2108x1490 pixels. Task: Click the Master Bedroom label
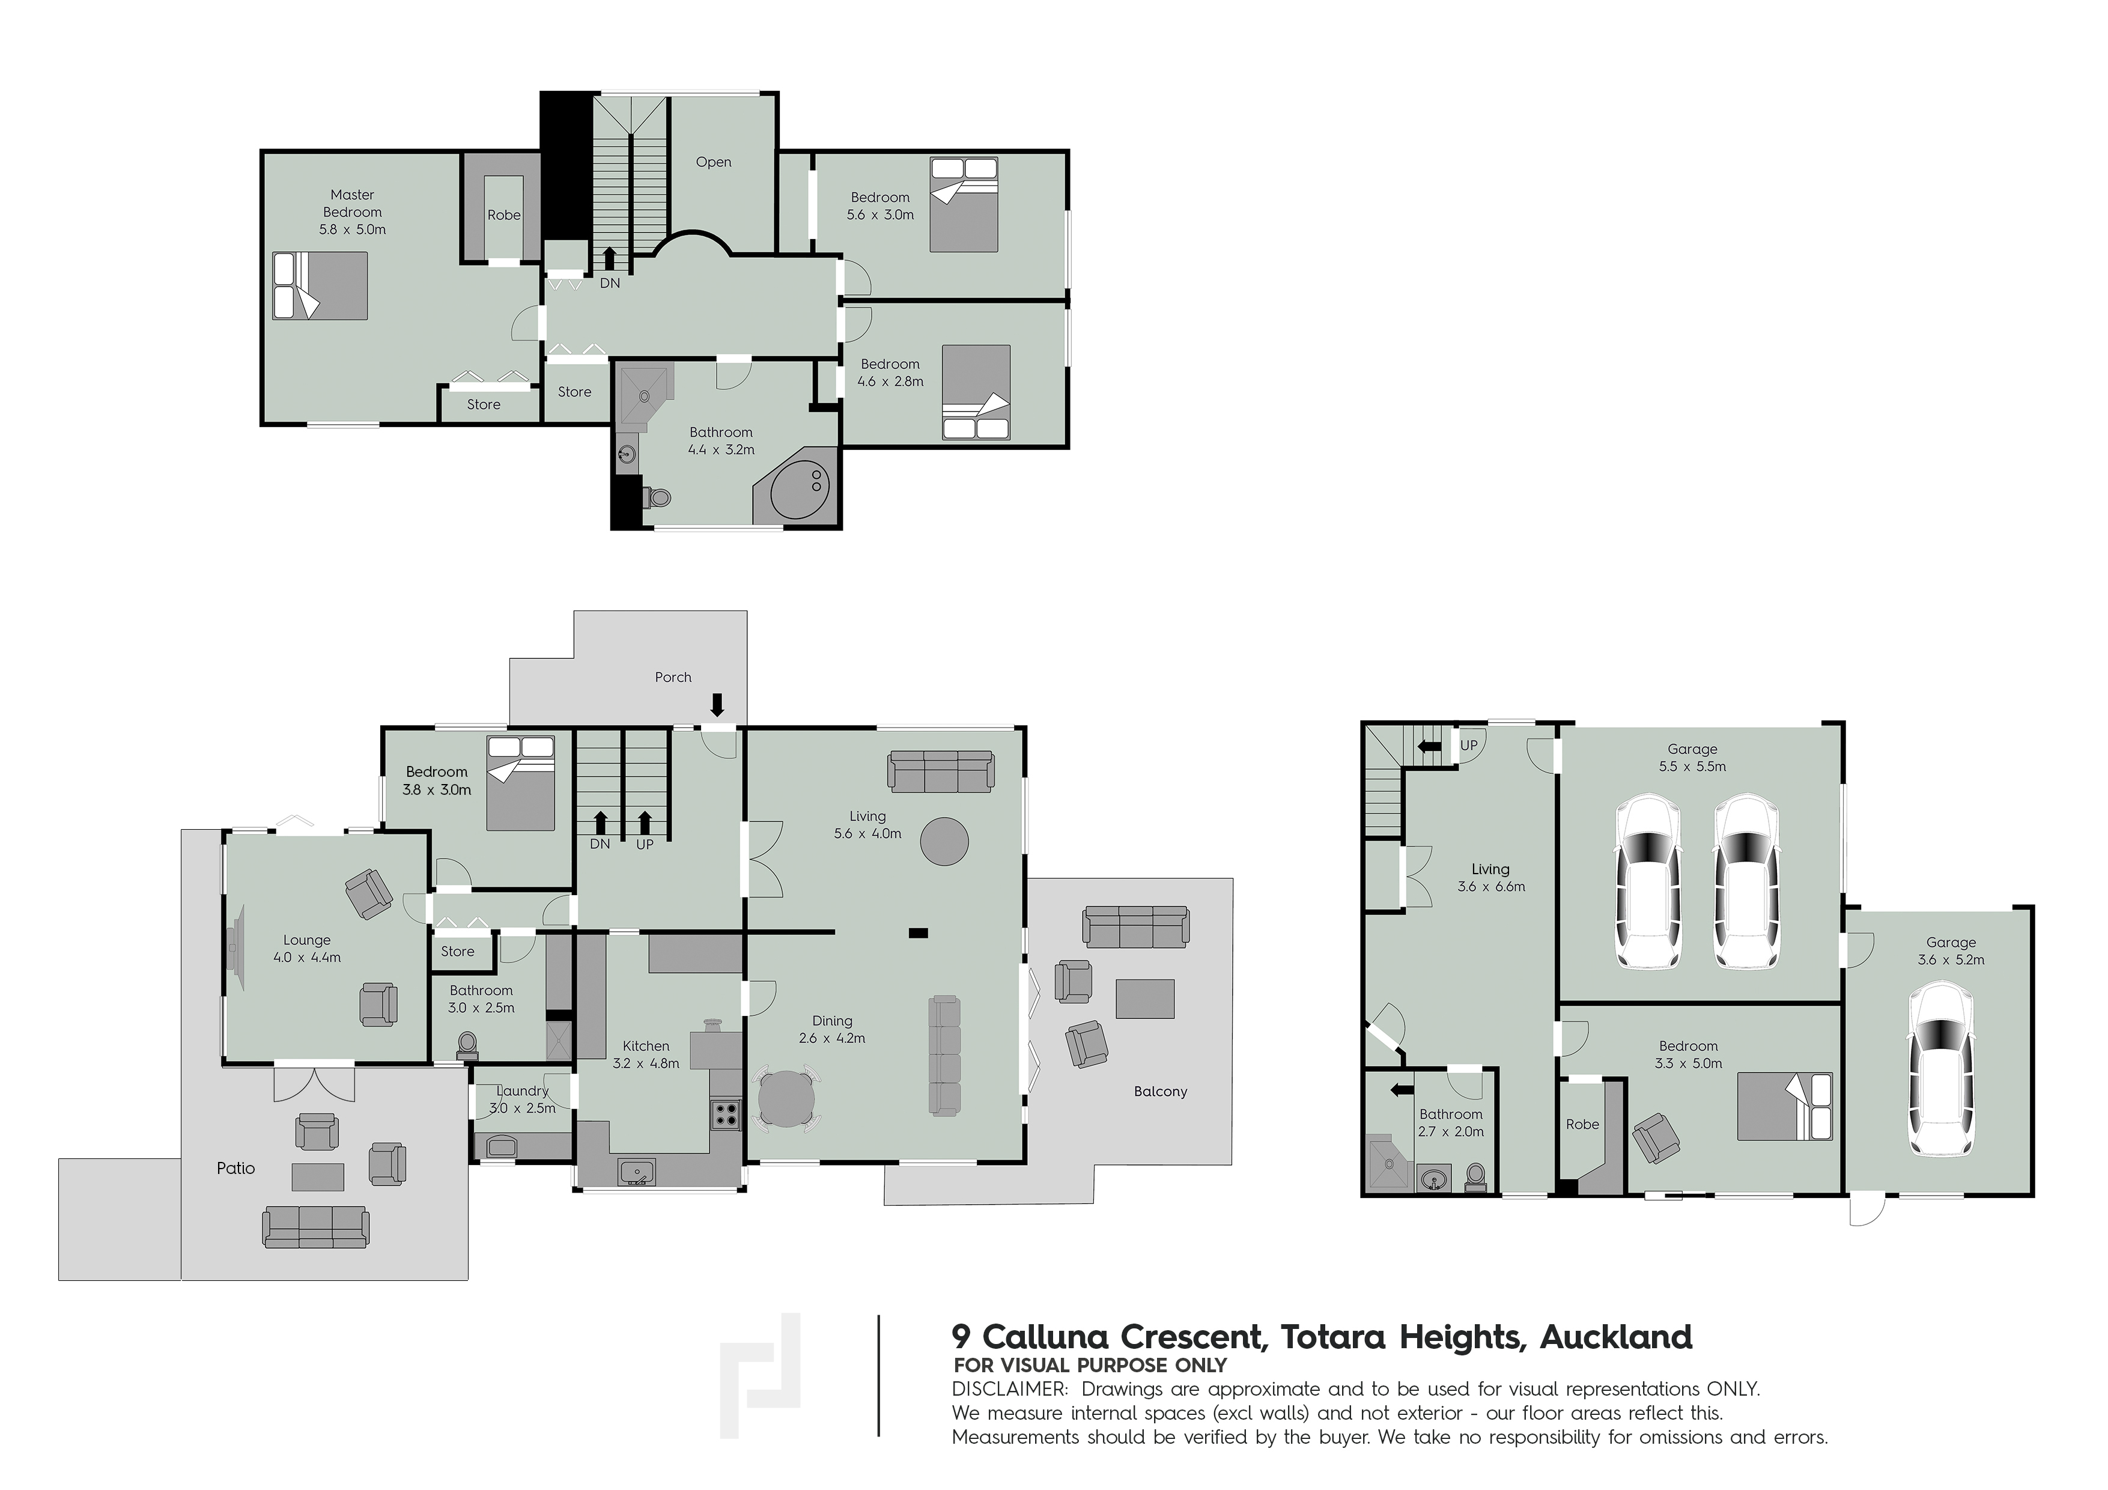tap(353, 203)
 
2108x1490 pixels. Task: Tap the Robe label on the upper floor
tap(504, 215)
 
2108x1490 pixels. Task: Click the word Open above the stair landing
tap(713, 162)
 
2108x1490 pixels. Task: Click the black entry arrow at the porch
tap(717, 704)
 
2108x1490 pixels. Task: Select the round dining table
tap(787, 1098)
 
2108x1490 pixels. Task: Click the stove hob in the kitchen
tap(725, 1114)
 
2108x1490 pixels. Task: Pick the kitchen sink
tap(636, 1172)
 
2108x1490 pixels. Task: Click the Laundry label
tap(523, 1090)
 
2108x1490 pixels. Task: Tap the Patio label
tap(236, 1169)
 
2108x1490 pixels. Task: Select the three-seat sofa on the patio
tap(316, 1227)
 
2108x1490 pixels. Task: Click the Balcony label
tap(1161, 1092)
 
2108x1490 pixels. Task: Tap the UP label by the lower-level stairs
tap(1469, 746)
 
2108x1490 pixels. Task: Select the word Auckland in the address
tap(1616, 1337)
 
